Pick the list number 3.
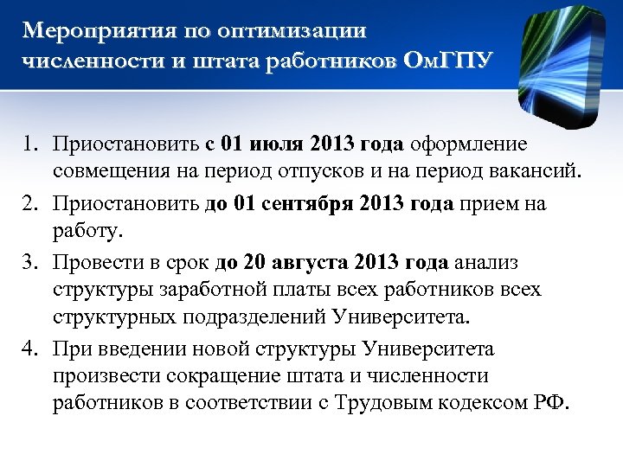tap(29, 261)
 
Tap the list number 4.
tap(29, 349)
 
